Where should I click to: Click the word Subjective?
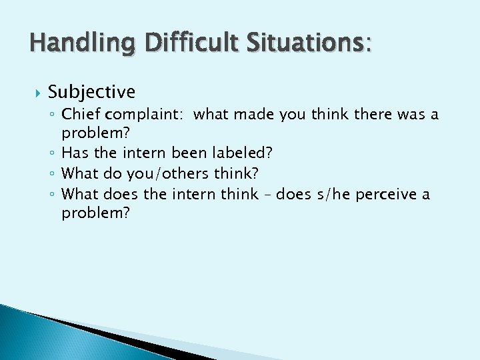coord(91,91)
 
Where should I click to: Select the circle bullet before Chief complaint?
coord(53,115)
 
